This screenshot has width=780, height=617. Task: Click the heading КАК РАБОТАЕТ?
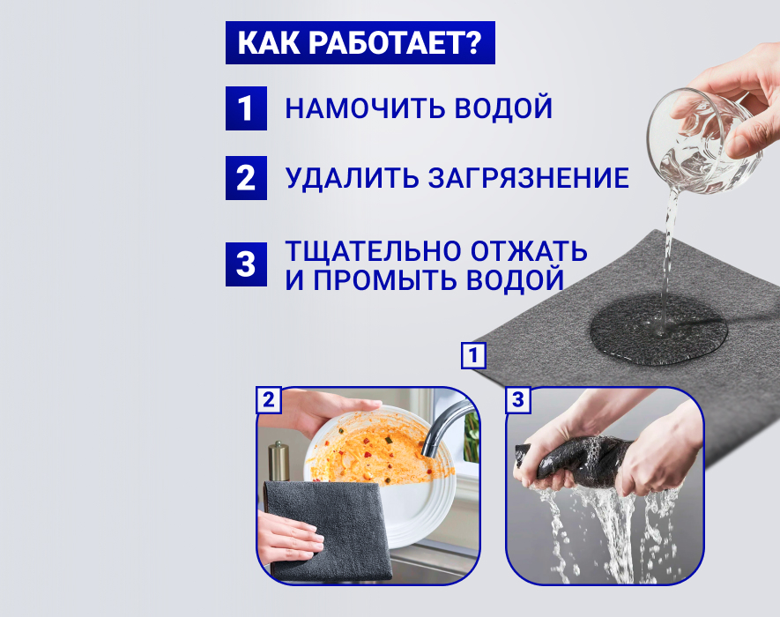360,43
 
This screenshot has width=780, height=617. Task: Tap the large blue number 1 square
246,108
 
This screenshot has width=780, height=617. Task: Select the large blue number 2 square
246,178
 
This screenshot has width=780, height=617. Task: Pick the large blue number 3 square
246,264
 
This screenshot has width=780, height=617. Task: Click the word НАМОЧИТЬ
365,108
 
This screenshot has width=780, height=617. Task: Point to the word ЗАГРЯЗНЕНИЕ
528,178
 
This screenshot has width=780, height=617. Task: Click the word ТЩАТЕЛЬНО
373,251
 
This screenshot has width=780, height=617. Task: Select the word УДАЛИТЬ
352,178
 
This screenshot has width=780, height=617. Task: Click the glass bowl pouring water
703,141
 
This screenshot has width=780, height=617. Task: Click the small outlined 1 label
473,355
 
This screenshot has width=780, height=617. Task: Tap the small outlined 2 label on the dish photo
269,400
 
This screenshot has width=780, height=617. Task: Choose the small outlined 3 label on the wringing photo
518,400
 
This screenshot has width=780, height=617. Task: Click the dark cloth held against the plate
327,529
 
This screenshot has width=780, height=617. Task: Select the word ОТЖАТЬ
530,251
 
